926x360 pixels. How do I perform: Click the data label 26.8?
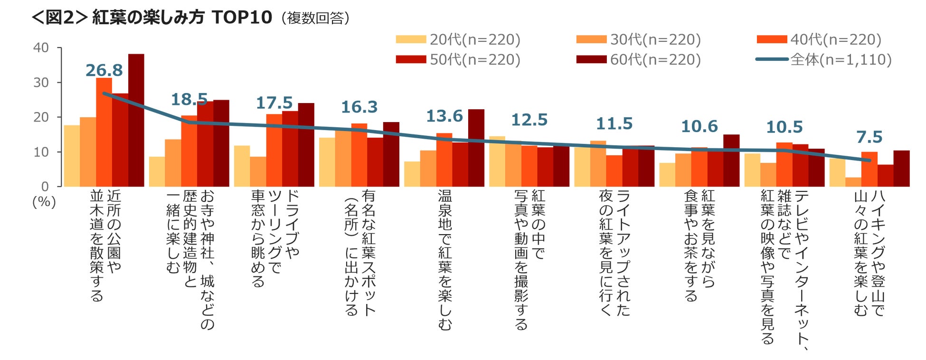[x=104, y=70]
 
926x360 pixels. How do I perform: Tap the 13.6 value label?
[x=444, y=116]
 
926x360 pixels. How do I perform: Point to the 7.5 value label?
[x=869, y=137]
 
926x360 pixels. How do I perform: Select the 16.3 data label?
[x=359, y=107]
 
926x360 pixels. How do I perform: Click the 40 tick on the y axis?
[x=41, y=47]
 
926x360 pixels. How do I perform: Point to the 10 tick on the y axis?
[x=41, y=152]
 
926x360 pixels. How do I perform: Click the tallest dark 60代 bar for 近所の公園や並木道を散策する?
[x=136, y=120]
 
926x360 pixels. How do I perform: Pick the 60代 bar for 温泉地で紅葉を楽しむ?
[x=476, y=148]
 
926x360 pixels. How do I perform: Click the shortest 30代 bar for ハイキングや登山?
[x=853, y=182]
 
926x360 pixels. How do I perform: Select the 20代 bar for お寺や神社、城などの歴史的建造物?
[x=157, y=171]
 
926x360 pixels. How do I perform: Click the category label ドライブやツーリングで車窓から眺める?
[x=274, y=237]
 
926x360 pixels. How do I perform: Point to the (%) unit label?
[x=44, y=202]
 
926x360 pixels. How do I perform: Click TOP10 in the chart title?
[x=242, y=18]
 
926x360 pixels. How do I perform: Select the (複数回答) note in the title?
[x=315, y=19]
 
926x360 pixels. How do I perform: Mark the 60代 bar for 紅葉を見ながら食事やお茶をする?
[x=731, y=161]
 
